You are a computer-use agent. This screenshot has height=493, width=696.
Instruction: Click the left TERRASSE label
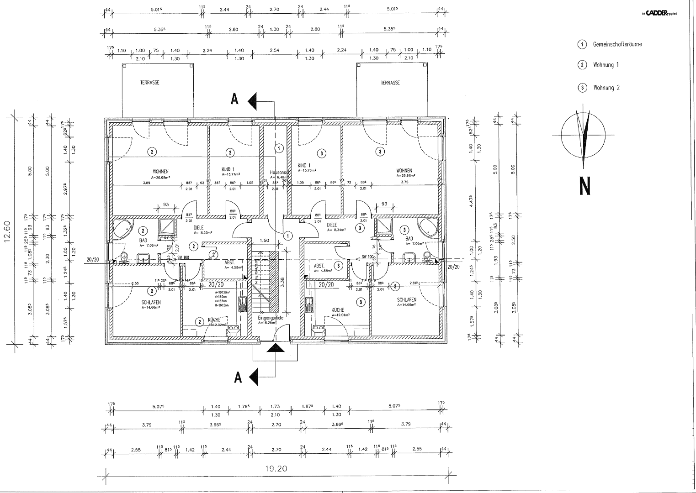click(x=150, y=83)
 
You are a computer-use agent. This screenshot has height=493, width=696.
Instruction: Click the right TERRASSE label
click(x=390, y=83)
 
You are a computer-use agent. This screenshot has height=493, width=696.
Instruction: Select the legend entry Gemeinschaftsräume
click(x=617, y=44)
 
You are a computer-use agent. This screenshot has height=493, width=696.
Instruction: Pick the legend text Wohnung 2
click(x=606, y=88)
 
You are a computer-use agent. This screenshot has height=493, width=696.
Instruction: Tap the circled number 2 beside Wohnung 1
click(x=582, y=65)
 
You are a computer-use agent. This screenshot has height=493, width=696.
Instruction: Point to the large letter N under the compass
click(x=584, y=186)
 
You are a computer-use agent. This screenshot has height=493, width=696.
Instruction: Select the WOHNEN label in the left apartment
click(x=160, y=171)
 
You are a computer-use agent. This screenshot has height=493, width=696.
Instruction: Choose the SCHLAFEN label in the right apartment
click(x=406, y=300)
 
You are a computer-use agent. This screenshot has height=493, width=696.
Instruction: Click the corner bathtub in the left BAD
click(x=122, y=228)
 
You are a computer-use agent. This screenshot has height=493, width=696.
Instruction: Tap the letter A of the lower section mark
click(x=238, y=378)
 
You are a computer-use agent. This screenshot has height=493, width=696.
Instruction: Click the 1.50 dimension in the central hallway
click(x=264, y=240)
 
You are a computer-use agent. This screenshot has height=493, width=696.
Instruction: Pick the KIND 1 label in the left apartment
click(x=228, y=169)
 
